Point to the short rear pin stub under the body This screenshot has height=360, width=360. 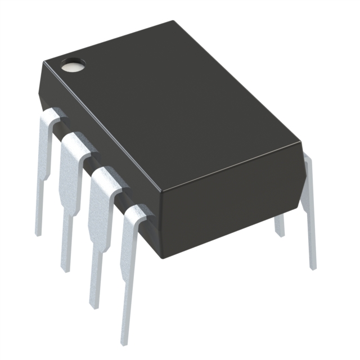279,225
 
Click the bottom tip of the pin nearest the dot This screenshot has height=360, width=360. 38,232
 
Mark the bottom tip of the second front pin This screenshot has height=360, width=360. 66,269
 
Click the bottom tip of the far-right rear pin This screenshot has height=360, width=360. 313,267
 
